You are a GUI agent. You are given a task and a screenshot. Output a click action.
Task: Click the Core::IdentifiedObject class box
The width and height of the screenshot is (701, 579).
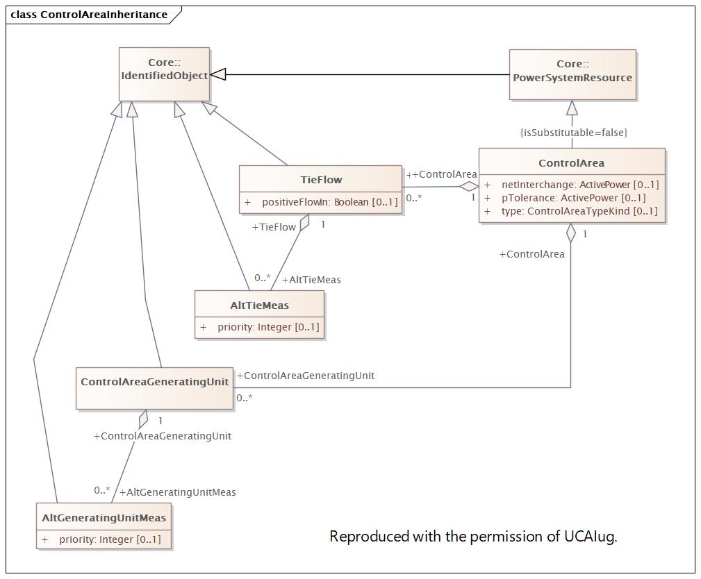pyautogui.click(x=164, y=74)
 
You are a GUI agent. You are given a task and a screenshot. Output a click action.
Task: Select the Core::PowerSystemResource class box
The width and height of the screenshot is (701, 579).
pyautogui.click(x=572, y=74)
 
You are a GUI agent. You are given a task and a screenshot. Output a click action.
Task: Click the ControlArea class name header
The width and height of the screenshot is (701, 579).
pyautogui.click(x=571, y=163)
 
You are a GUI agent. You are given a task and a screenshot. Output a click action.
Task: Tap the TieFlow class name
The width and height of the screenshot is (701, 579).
pyautogui.click(x=321, y=180)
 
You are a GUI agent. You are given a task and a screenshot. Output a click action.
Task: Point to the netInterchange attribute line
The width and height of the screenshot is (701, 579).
pyautogui.click(x=571, y=185)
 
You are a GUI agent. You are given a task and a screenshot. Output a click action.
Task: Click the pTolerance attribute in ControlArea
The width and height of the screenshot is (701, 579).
pyautogui.click(x=565, y=197)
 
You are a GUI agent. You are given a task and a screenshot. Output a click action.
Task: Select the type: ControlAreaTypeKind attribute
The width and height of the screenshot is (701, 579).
pyautogui.click(x=571, y=211)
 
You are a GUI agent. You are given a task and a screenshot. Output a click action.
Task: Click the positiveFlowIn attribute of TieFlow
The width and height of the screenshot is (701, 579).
pyautogui.click(x=321, y=202)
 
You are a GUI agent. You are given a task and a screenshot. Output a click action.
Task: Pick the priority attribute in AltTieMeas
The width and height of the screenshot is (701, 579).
pyautogui.click(x=260, y=327)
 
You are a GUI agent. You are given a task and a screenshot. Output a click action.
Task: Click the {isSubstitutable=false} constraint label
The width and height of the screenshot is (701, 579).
pyautogui.click(x=574, y=132)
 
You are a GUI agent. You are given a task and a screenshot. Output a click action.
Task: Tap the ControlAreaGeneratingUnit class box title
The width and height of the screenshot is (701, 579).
pyautogui.click(x=155, y=382)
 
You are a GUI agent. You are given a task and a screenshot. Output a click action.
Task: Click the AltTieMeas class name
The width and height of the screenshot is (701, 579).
pyautogui.click(x=259, y=305)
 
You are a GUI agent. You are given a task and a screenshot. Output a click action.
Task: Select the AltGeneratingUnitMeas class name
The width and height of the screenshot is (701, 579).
pyautogui.click(x=104, y=518)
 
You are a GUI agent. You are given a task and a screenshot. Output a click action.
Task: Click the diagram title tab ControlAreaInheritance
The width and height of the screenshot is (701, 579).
pyautogui.click(x=89, y=15)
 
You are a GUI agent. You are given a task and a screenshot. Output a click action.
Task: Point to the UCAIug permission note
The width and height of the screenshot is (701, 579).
pyautogui.click(x=473, y=536)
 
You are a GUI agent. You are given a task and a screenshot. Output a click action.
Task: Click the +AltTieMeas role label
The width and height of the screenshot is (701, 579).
pyautogui.click(x=311, y=280)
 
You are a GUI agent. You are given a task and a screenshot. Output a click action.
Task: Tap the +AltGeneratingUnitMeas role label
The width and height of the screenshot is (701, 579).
pyautogui.click(x=177, y=492)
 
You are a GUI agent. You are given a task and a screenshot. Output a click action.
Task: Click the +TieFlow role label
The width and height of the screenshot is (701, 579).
pyautogui.click(x=274, y=227)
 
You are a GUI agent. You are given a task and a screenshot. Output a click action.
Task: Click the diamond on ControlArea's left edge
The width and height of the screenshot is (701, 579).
pyautogui.click(x=469, y=186)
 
